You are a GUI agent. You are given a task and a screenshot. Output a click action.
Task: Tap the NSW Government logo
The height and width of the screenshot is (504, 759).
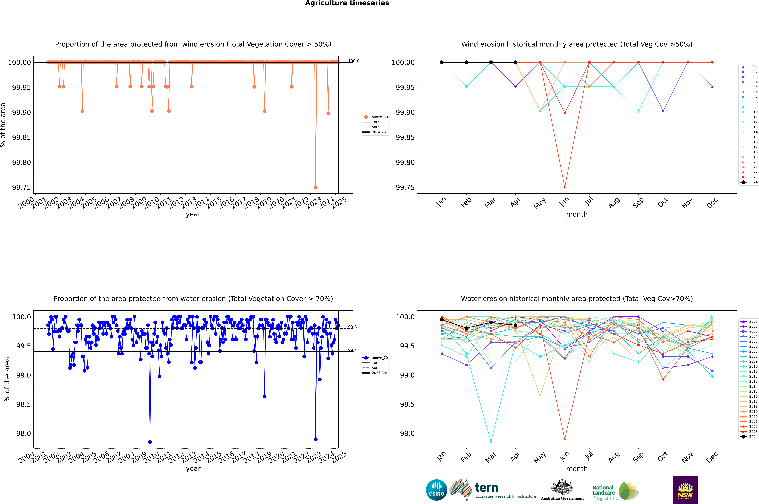pyautogui.click(x=685, y=490)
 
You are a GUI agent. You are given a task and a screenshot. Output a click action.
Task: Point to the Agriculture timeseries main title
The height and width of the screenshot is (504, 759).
pyautogui.click(x=347, y=3)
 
